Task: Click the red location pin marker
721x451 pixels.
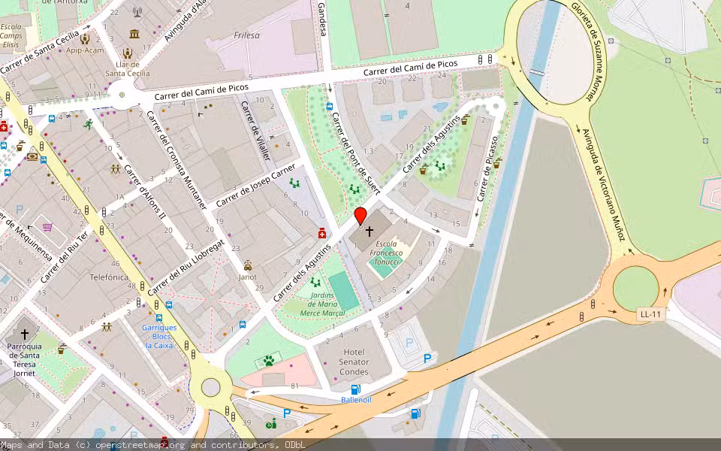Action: [360, 216]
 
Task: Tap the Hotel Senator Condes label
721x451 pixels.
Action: [354, 362]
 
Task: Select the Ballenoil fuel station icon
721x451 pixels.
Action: [355, 389]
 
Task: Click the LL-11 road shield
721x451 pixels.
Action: [650, 314]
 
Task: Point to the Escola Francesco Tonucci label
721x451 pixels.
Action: [386, 253]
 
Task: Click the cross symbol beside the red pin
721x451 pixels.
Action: [369, 232]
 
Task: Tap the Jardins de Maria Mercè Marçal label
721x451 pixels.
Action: [321, 304]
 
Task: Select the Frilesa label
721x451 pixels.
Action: [246, 35]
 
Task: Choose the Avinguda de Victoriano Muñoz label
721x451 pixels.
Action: [605, 184]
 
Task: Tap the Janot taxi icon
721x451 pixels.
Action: [248, 265]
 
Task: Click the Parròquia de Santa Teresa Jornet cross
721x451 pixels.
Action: [25, 333]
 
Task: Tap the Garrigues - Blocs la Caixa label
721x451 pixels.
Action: [159, 336]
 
